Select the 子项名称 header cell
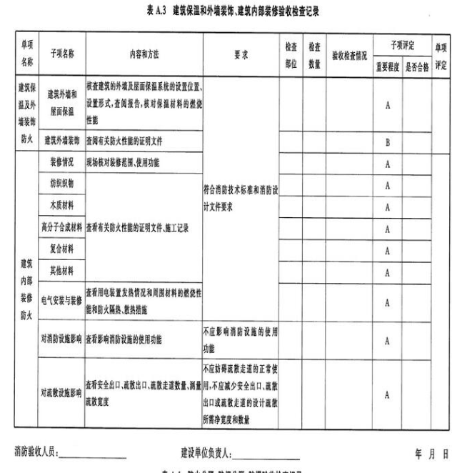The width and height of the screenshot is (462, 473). pyautogui.click(x=62, y=54)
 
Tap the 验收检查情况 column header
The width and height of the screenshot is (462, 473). pyautogui.click(x=350, y=54)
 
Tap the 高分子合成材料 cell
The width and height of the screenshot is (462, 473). pyautogui.click(x=61, y=229)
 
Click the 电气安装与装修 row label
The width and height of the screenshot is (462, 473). pyautogui.click(x=61, y=302)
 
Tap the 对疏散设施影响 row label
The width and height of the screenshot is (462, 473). pyautogui.click(x=61, y=392)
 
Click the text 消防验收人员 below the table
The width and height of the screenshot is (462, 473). pyautogui.click(x=37, y=452)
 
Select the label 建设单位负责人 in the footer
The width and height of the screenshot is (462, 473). pyautogui.click(x=208, y=452)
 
